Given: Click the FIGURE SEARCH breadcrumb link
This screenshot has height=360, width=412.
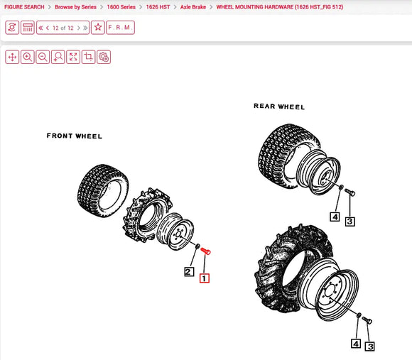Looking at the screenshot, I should click(x=24, y=6).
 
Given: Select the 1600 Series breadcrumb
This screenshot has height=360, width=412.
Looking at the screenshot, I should click(x=121, y=6).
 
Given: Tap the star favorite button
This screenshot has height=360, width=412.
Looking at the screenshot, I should click(x=98, y=28).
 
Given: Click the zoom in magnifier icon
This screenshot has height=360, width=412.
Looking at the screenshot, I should click(x=28, y=57).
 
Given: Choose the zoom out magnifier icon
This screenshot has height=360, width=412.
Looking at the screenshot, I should click(x=43, y=57).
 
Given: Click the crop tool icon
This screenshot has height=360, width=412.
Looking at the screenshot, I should click(x=89, y=57).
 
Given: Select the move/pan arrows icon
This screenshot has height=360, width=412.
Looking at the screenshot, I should click(x=12, y=57).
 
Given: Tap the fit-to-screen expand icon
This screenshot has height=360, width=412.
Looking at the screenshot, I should click(x=73, y=57).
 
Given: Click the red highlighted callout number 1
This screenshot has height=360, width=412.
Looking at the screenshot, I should click(x=205, y=278).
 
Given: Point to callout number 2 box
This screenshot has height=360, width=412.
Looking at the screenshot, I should click(x=189, y=272).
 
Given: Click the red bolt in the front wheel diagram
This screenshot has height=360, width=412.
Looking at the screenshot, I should click(x=207, y=251).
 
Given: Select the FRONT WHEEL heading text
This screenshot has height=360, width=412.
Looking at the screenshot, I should click(x=75, y=136).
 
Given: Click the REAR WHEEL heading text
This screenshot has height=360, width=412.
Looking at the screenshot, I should click(x=279, y=107).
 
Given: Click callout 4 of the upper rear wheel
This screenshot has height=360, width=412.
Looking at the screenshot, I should click(x=335, y=217).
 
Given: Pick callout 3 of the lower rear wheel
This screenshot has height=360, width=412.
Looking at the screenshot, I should click(x=370, y=347).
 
